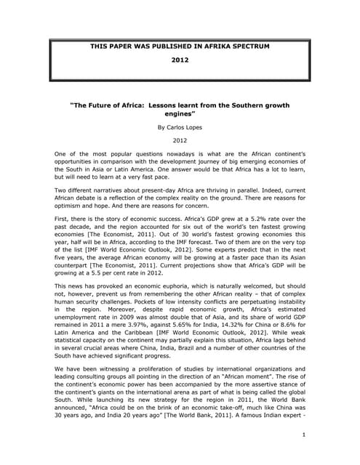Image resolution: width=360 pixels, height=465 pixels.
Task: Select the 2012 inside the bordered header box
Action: (x=180, y=62)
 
